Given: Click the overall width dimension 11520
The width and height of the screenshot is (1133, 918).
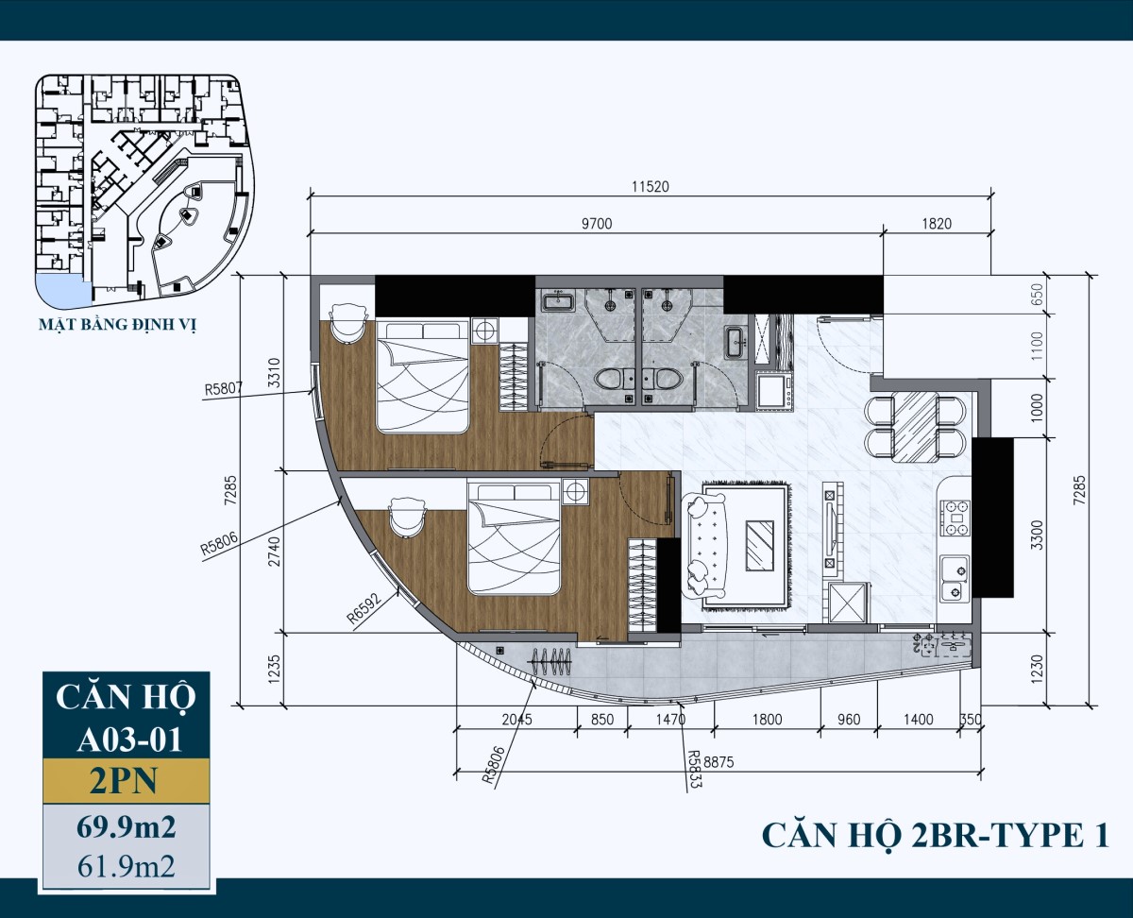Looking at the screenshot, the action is [x=650, y=187].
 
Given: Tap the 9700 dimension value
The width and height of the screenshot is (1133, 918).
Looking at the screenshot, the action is [x=597, y=224].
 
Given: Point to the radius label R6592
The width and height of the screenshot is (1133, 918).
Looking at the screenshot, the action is [x=364, y=608].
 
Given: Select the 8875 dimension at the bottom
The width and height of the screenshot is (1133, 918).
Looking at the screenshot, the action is [x=719, y=762].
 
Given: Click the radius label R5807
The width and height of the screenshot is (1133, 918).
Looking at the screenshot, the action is [x=224, y=389].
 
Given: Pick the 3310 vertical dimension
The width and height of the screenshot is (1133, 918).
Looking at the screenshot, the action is [x=274, y=374].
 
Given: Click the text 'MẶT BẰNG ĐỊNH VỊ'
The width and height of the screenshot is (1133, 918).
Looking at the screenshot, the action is [x=118, y=325].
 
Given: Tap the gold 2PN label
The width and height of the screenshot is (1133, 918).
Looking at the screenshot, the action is [x=124, y=781].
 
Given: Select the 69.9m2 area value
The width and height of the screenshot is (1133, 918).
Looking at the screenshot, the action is [x=127, y=828].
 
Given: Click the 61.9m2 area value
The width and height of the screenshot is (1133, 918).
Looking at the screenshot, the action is [x=127, y=867].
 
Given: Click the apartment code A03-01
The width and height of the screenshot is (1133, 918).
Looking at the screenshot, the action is [x=129, y=739].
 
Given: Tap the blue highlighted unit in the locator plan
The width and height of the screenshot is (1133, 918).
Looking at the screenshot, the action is [x=59, y=291].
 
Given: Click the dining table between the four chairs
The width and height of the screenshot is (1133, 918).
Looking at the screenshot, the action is [x=914, y=426].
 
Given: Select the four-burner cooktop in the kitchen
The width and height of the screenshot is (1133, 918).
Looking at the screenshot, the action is [x=955, y=518].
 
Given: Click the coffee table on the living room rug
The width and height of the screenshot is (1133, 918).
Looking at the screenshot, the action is [x=760, y=546].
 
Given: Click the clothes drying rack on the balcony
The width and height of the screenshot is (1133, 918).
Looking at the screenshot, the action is [x=550, y=661].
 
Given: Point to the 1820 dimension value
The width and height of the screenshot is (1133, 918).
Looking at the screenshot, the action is [x=937, y=224].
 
